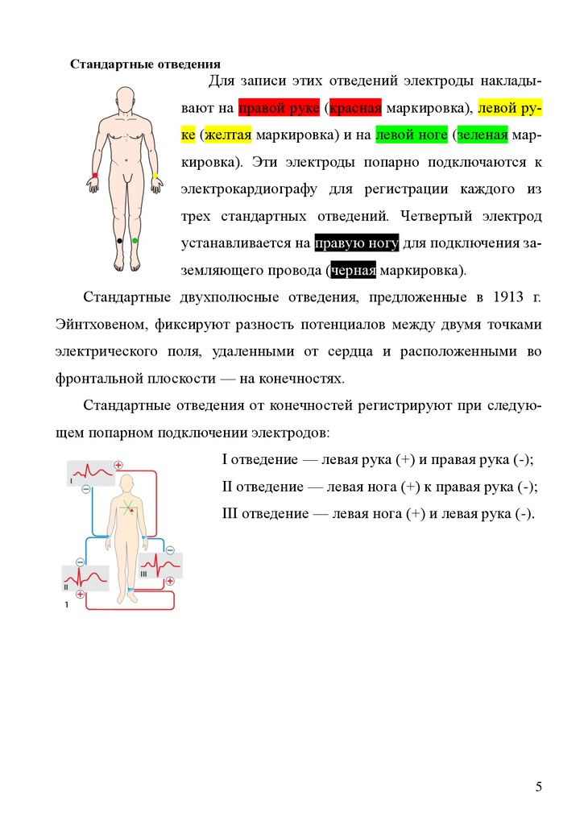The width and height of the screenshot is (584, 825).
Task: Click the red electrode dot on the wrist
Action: point(95,175)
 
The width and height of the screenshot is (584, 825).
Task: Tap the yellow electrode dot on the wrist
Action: point(155,175)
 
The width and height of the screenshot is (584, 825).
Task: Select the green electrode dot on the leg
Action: point(135,241)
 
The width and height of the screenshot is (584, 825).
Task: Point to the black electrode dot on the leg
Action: point(118,241)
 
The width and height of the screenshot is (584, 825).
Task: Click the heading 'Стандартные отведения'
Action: point(145,64)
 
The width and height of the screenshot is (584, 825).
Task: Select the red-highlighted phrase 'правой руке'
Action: point(279,108)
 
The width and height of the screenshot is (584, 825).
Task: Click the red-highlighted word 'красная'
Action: point(354,108)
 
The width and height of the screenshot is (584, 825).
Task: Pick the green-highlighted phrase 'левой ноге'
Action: point(411,135)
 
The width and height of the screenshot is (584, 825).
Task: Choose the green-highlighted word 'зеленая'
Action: point(482,135)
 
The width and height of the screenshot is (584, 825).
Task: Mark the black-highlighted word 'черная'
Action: point(353,268)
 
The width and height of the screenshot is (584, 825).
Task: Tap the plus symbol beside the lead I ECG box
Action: point(118,465)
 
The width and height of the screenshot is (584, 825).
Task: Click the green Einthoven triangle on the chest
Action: point(126,508)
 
